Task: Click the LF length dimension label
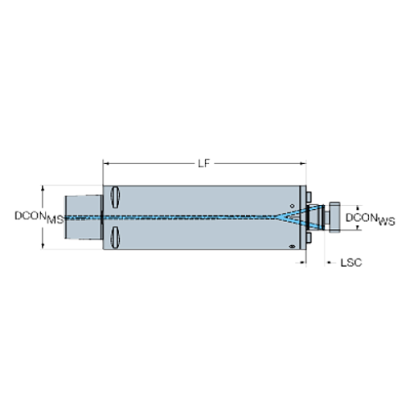pos(202,164)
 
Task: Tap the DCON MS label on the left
pos(38,217)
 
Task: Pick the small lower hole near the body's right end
pos(290,246)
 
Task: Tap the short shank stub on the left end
pos(84,217)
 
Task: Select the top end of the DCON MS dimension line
pos(44,186)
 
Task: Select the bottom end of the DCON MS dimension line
pos(44,249)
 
